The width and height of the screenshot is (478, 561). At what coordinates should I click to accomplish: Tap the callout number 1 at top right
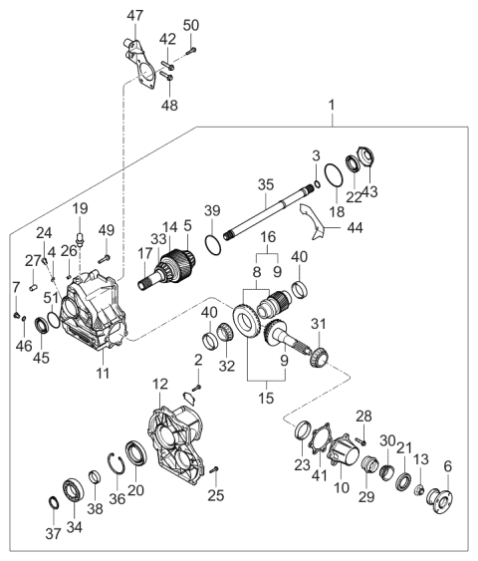(x=333, y=103)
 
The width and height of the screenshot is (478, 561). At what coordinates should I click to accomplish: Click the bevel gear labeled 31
(x=316, y=355)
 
